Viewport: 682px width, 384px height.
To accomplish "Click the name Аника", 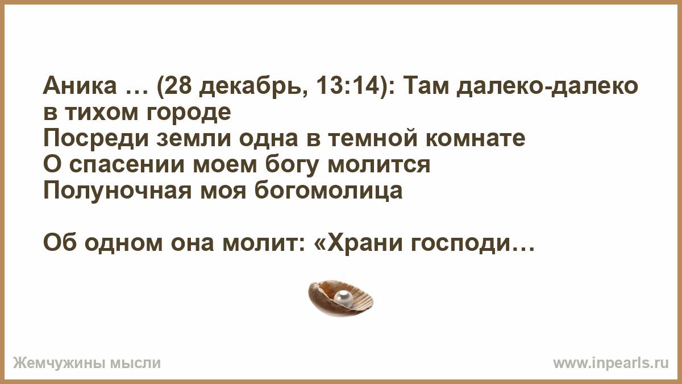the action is tap(80, 86).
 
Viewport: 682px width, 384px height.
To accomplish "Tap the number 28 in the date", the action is tap(179, 86).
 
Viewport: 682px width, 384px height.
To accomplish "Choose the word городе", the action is tap(189, 113).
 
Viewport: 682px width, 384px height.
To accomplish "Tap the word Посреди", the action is tap(97, 139).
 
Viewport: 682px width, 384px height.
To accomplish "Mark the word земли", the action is tap(194, 139).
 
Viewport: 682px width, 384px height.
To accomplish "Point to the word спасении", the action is tap(127, 166).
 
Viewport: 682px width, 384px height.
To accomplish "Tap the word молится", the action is tap(379, 166).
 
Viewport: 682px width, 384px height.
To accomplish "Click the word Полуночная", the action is tap(118, 191).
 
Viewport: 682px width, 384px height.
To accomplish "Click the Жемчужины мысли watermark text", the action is tap(87, 364).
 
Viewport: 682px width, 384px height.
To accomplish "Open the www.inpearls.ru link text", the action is tap(611, 364).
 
